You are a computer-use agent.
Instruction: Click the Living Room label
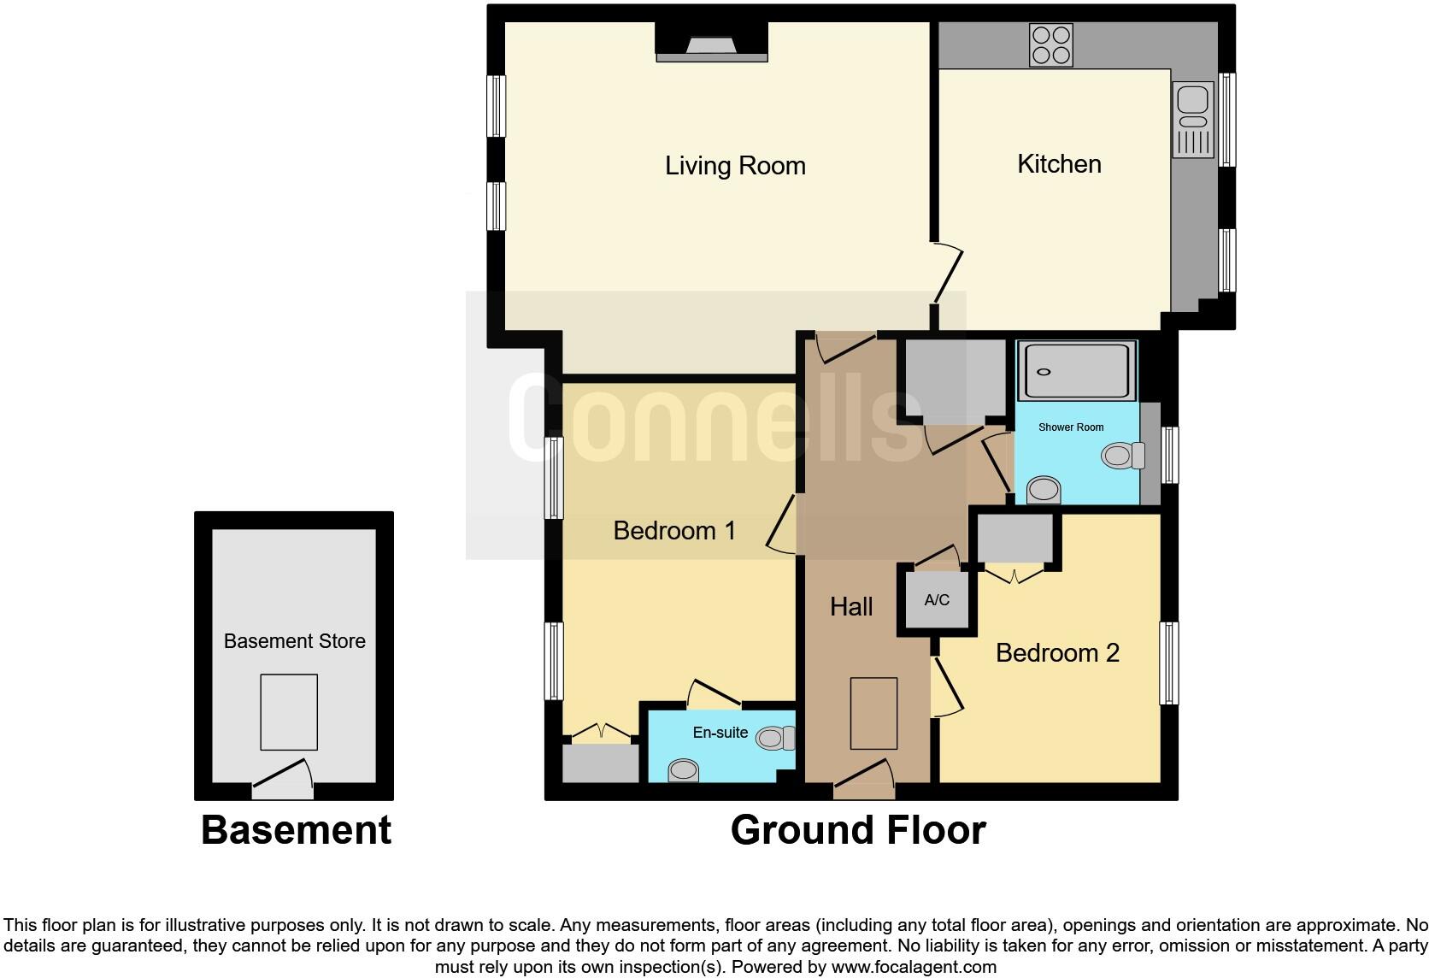[735, 165]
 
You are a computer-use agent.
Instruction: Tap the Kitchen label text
[1058, 163]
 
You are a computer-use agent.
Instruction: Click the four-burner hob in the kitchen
[1051, 44]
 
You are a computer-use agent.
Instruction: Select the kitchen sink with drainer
[1193, 120]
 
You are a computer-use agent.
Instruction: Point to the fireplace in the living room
[711, 44]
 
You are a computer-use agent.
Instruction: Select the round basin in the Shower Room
[1044, 490]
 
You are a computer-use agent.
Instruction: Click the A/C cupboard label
[937, 600]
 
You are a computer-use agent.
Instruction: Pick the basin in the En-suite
[683, 770]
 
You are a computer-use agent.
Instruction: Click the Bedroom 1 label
[673, 531]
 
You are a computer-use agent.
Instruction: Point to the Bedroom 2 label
[1056, 653]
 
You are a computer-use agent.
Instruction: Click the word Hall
[851, 607]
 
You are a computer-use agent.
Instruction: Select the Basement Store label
[294, 641]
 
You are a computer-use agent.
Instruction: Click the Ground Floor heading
[858, 830]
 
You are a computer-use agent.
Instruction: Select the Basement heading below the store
[296, 830]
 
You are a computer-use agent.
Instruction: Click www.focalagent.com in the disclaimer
[913, 968]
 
